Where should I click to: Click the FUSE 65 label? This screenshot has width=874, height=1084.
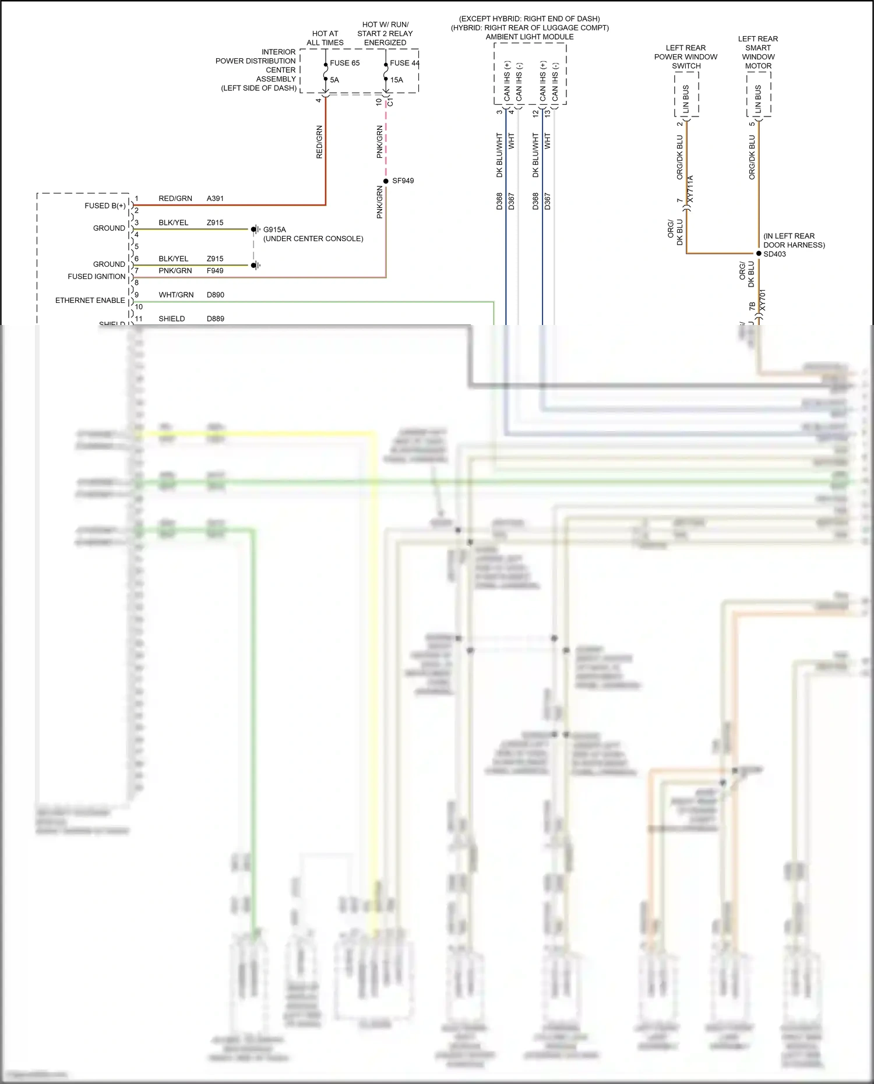(344, 63)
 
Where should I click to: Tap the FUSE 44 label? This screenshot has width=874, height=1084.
(404, 63)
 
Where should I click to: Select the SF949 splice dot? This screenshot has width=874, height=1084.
(386, 181)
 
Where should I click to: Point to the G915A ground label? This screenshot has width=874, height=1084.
(274, 229)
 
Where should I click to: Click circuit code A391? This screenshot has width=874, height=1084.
(215, 199)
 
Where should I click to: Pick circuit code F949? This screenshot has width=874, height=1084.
(215, 271)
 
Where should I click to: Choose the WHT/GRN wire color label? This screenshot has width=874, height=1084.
(176, 295)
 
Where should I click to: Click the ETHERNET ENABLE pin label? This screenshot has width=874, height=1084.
(90, 301)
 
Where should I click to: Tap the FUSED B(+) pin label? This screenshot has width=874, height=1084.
(105, 206)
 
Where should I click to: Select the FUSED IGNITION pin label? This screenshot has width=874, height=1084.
(96, 277)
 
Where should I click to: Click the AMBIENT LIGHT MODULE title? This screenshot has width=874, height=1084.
(530, 37)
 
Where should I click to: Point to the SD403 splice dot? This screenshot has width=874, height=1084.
(759, 253)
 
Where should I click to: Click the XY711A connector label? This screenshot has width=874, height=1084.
(690, 189)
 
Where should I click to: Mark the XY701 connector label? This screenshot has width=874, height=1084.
(763, 301)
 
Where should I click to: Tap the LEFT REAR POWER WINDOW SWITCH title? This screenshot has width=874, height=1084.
(686, 57)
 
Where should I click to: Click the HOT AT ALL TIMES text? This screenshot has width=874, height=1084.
(325, 38)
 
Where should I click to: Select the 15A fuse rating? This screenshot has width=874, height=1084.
(396, 80)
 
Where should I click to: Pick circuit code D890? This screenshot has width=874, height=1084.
(215, 295)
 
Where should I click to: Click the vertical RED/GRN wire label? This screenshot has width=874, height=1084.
(319, 142)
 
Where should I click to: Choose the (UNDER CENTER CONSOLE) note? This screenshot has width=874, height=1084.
(313, 239)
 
